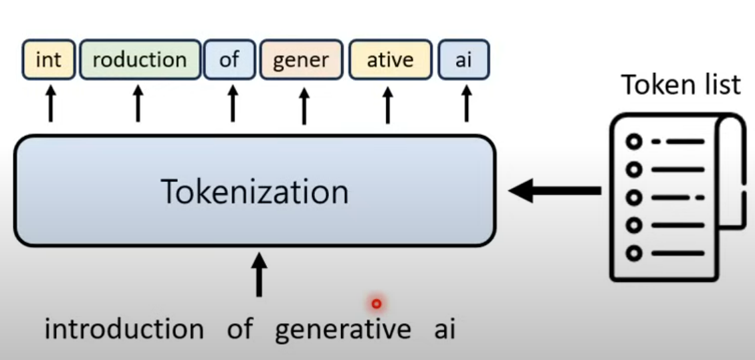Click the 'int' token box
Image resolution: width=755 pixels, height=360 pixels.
48,60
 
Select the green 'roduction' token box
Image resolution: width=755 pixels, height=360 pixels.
139,60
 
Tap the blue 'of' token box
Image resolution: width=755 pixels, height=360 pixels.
229,60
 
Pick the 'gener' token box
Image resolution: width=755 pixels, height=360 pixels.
301,60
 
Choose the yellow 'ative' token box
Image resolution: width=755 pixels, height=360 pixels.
390,60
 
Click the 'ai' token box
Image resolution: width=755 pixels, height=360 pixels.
463,60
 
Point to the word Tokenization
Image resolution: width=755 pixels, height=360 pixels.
255,192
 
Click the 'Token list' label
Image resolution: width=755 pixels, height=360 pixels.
681,85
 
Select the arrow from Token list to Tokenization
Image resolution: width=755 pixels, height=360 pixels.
554,191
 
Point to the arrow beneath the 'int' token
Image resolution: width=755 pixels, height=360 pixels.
50,105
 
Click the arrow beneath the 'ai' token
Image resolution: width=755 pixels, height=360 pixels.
466,105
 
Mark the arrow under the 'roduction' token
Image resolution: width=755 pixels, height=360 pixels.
138,105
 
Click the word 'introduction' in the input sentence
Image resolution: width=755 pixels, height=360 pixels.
124,329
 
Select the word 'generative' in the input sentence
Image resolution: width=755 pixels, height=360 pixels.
342,329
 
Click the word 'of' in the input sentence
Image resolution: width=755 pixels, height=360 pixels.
239,329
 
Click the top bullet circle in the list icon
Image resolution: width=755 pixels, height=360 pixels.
633,142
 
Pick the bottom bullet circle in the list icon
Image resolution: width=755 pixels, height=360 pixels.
633,253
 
